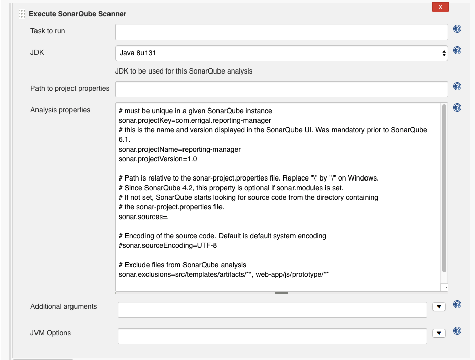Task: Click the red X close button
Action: click(x=440, y=7)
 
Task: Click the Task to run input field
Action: click(x=281, y=32)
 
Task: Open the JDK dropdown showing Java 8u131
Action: click(x=281, y=53)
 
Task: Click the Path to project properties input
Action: click(x=281, y=89)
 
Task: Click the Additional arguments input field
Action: click(x=273, y=310)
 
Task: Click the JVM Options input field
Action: click(x=273, y=336)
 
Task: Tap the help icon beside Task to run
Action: click(x=457, y=29)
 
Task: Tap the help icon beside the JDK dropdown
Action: click(x=457, y=50)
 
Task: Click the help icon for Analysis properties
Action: click(x=457, y=107)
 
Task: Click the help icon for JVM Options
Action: click(x=457, y=331)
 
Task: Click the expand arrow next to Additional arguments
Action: click(x=439, y=307)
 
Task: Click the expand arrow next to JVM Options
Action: click(x=439, y=333)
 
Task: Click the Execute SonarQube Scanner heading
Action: click(x=78, y=14)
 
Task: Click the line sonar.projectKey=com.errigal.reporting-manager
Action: click(x=195, y=120)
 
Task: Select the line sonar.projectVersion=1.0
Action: click(x=158, y=159)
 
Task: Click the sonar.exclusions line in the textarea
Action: click(x=224, y=274)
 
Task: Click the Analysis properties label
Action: click(x=60, y=110)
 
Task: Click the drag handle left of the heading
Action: click(x=22, y=14)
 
